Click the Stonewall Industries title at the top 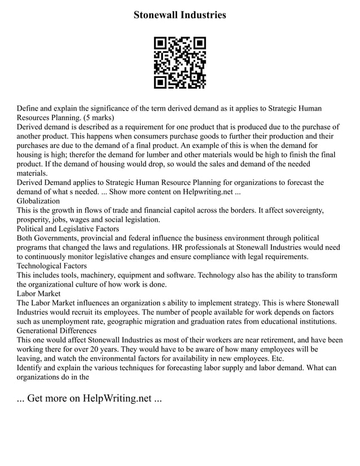click(x=179, y=15)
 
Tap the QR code click(x=180, y=63)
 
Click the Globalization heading click(x=38, y=200)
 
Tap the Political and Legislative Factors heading click(x=68, y=228)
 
